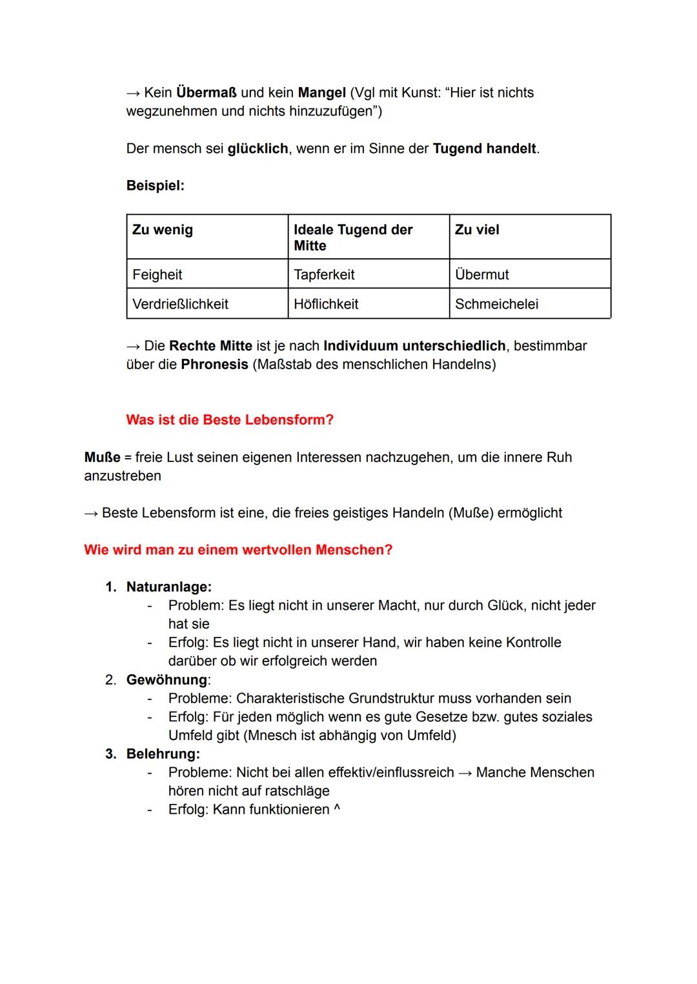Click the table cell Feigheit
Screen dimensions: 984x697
157,275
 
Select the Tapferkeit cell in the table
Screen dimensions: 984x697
324,275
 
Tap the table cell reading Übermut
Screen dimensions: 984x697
481,275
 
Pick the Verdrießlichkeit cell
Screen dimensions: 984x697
180,304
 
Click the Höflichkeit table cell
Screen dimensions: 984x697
326,304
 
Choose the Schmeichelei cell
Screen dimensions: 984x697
496,304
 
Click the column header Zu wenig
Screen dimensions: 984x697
163,230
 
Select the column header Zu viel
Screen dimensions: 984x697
477,230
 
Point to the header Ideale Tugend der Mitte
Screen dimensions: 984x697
352,237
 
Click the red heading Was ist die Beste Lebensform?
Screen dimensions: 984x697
230,420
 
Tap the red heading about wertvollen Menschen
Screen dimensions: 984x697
238,550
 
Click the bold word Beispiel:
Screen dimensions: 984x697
156,186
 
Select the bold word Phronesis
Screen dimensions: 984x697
214,365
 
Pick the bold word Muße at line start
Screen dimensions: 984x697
102,457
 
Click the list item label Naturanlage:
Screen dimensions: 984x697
169,587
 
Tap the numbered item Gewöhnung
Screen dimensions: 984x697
167,680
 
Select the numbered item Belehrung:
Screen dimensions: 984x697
163,754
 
